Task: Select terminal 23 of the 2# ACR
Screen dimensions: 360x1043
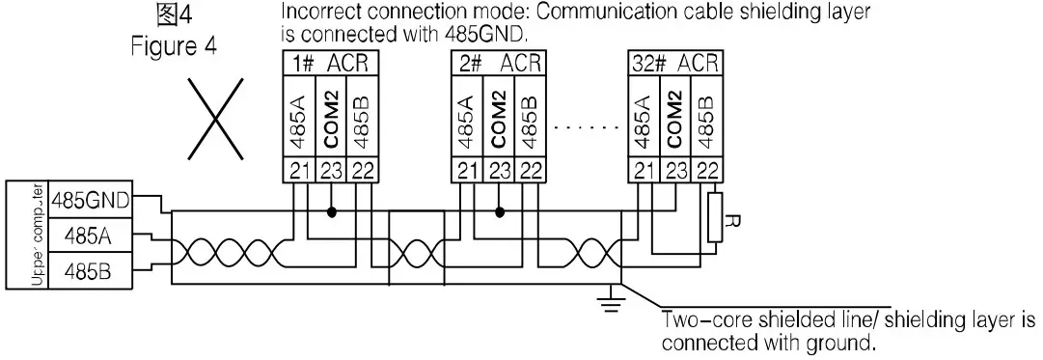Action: [x=498, y=171]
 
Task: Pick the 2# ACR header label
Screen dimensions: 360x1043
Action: [x=498, y=64]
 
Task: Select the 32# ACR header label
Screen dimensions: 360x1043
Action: [x=675, y=64]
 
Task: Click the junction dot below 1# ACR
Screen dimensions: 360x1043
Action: [x=333, y=209]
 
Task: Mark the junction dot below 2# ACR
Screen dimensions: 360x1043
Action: [x=499, y=209]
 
